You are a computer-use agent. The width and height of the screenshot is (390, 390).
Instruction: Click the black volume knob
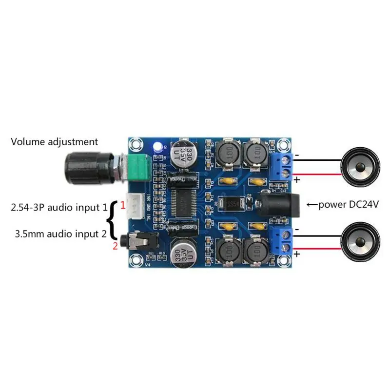click(85, 167)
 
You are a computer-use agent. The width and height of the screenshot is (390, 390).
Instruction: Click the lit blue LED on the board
click(157, 145)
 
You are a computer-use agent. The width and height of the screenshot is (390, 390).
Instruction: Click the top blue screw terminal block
click(285, 166)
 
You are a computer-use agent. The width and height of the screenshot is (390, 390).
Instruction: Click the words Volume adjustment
click(55, 142)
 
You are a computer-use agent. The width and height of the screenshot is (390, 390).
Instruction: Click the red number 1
click(123, 206)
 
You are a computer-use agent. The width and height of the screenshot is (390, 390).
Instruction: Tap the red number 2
click(116, 246)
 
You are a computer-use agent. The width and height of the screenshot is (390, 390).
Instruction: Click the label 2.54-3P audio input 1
click(58, 207)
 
